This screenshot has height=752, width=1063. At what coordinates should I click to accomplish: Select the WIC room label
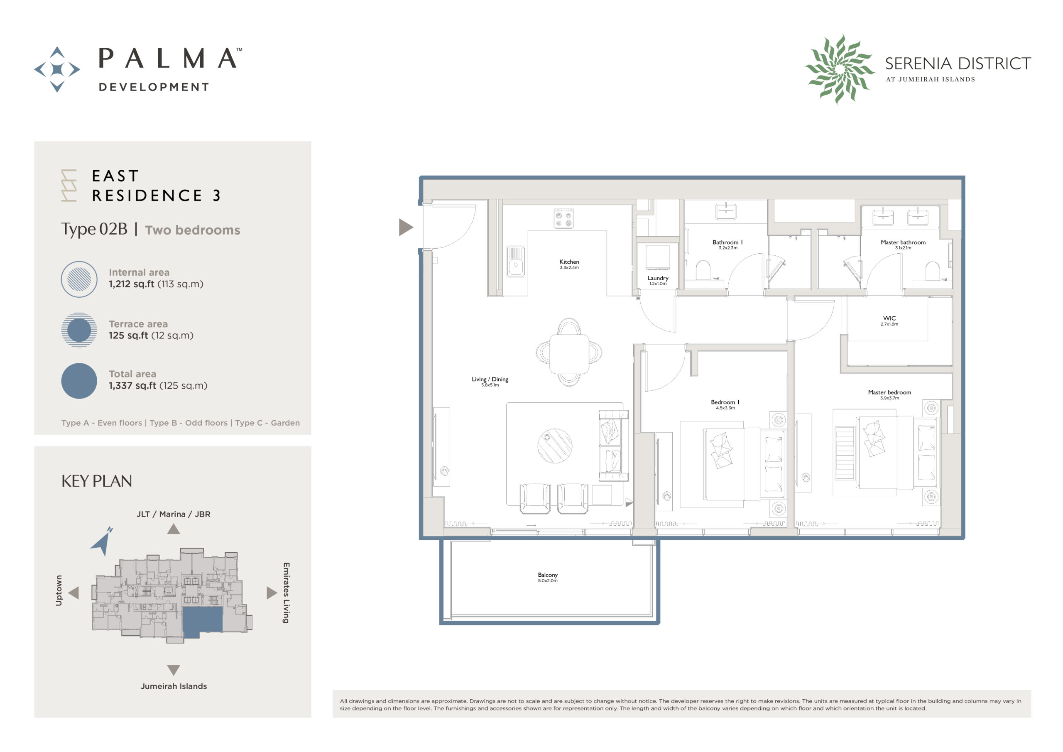tap(889, 318)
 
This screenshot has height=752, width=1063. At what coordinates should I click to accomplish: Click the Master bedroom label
tap(889, 393)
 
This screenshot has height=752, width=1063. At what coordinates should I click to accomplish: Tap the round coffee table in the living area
tap(555, 446)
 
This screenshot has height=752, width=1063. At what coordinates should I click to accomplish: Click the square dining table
tap(569, 353)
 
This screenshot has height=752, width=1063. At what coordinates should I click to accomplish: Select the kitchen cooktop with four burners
tap(563, 218)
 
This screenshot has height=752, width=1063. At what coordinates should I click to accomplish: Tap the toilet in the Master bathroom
tap(932, 271)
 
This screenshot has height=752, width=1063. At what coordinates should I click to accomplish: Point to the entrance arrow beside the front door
tap(406, 228)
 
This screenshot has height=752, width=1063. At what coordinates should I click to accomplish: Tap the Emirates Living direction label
tap(286, 593)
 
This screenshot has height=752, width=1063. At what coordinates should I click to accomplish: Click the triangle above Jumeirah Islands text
tap(174, 670)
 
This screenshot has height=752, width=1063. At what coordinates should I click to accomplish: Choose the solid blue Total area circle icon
tap(79, 381)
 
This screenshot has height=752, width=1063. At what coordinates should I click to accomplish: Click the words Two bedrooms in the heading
tap(192, 230)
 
